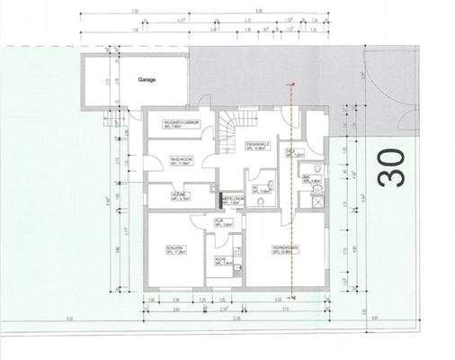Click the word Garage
click(147, 79)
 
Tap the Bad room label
click(308, 179)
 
